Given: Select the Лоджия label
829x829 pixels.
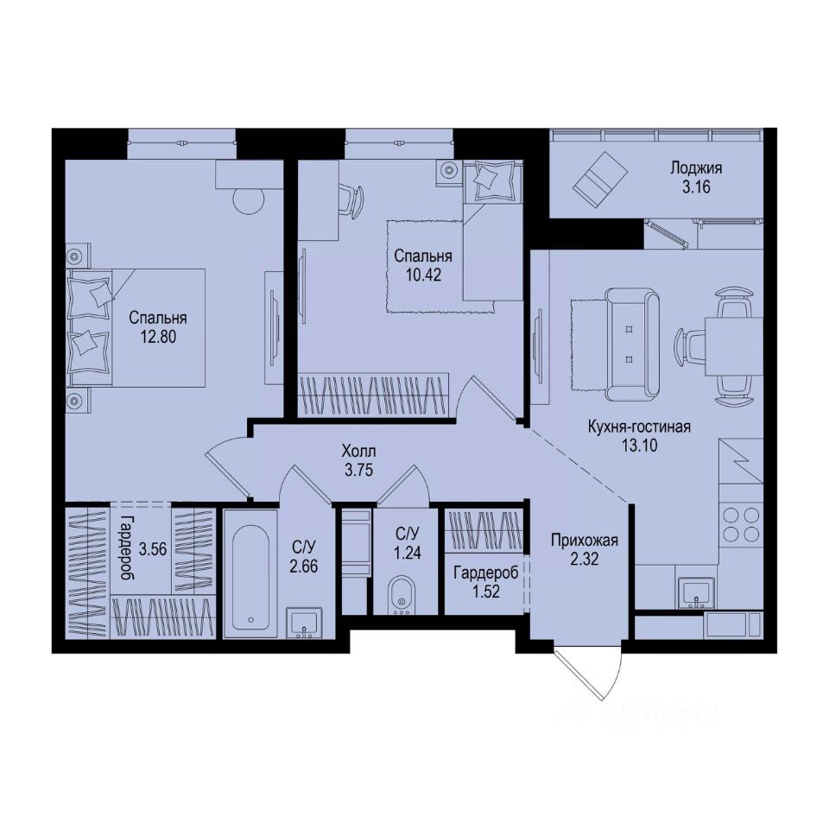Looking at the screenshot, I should [x=695, y=168].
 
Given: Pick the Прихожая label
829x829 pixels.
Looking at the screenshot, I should [x=585, y=541].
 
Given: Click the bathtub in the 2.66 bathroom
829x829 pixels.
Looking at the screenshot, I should [x=250, y=572].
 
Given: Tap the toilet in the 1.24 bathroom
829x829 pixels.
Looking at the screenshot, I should [x=400, y=595].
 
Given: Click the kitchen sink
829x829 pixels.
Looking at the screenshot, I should [x=694, y=592].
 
